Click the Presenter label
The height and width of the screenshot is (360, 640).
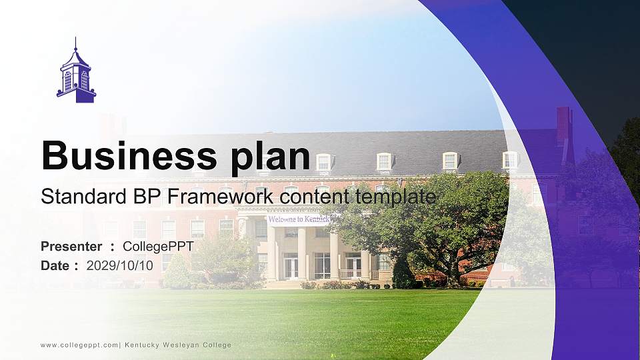(71, 247)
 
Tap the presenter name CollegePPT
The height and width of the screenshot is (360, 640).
(158, 247)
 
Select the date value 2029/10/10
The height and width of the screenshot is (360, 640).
(119, 265)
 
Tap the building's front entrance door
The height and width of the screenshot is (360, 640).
(291, 267)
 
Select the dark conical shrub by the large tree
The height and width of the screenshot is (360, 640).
(403, 273)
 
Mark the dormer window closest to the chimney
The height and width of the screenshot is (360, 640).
(510, 160)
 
